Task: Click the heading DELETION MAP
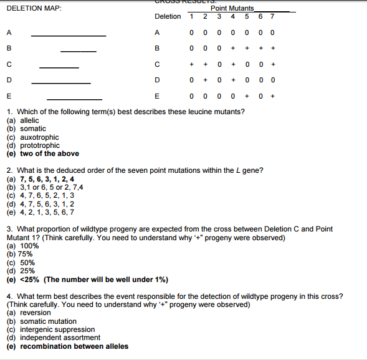(x=33, y=8)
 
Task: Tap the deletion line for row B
(x=79, y=51)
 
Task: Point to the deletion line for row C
(x=59, y=67)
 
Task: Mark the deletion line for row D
(x=61, y=83)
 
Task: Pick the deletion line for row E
(x=74, y=99)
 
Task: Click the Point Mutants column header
(x=232, y=8)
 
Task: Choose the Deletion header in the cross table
(x=168, y=16)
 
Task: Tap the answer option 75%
(x=19, y=255)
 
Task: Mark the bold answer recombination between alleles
(x=67, y=346)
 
